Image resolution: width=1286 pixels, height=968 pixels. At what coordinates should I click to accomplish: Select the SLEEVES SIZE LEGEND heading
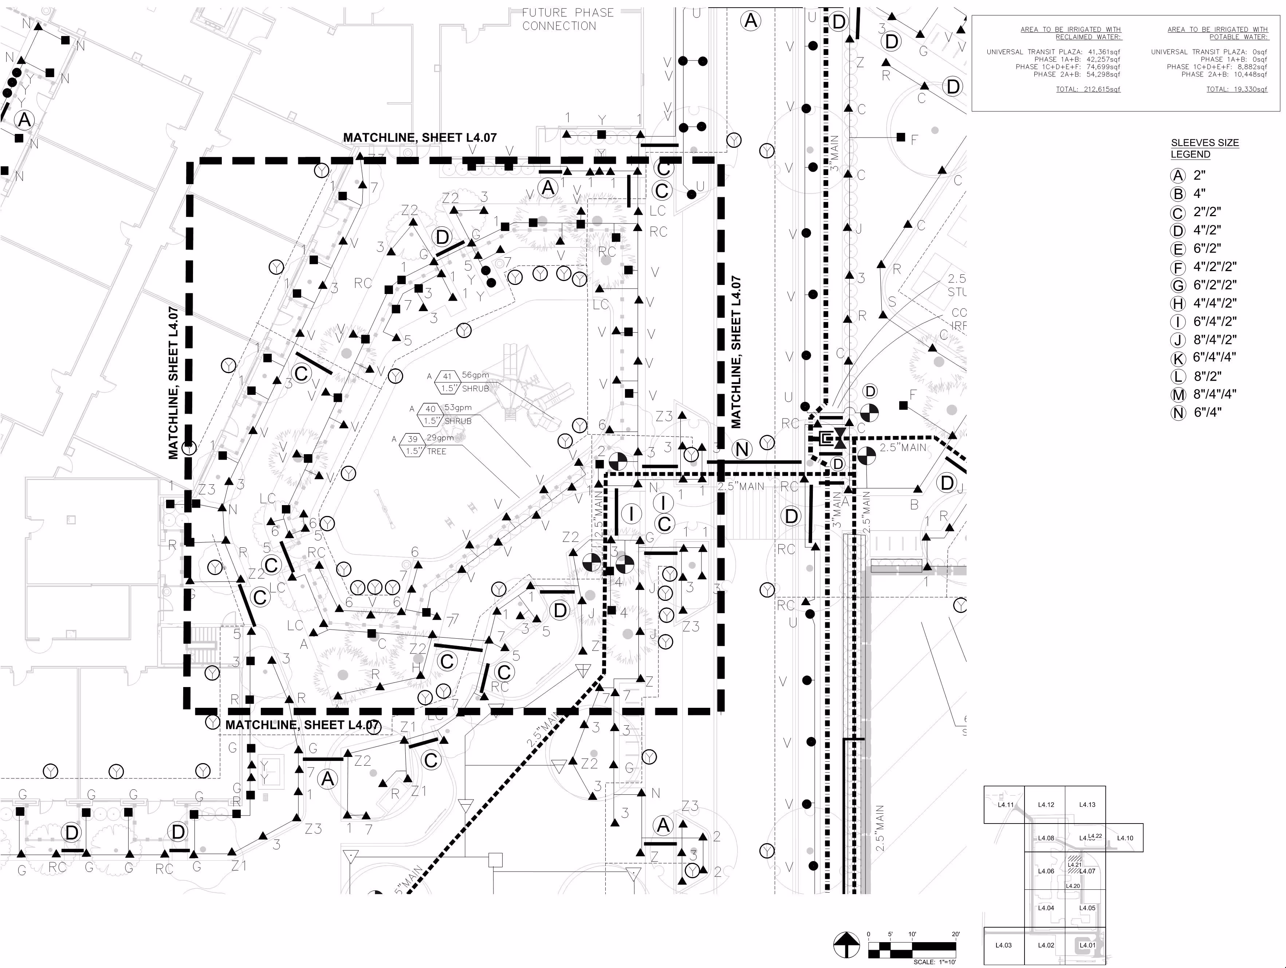tap(1205, 148)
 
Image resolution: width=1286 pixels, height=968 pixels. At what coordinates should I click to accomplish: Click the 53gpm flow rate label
tap(458, 407)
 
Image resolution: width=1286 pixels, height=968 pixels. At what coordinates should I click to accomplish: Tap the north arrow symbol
tap(846, 945)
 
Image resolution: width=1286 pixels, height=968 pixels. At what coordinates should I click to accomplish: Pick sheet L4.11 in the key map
tap(1005, 805)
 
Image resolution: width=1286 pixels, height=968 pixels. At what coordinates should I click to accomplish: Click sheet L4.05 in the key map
tap(1086, 908)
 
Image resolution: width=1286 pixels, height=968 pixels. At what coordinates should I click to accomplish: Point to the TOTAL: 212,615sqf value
tap(1088, 90)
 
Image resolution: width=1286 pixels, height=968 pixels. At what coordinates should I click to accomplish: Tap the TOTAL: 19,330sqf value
tap(1236, 90)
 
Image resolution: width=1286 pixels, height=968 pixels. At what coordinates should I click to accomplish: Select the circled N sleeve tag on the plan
tap(742, 449)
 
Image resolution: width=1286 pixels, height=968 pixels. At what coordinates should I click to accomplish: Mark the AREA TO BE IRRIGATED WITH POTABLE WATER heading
tap(1218, 33)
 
